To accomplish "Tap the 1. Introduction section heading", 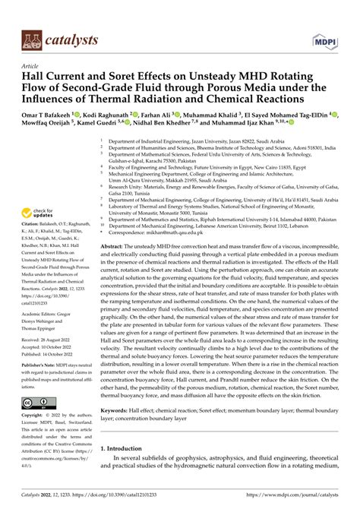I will coord(125,470).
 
